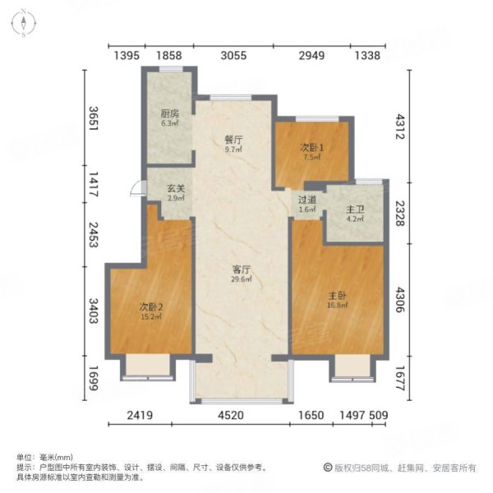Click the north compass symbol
[x=25, y=23]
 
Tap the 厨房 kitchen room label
[x=170, y=114]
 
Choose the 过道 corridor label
[x=306, y=200]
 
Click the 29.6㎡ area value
[x=240, y=279]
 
